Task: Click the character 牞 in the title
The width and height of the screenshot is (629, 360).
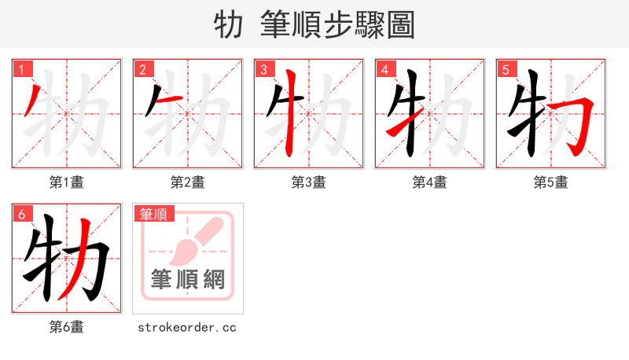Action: click(x=228, y=25)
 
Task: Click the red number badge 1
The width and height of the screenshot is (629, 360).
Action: click(x=21, y=70)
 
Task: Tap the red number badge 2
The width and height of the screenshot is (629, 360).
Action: click(x=142, y=70)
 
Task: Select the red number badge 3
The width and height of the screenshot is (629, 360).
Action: click(x=263, y=70)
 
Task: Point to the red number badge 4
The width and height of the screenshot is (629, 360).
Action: click(x=384, y=70)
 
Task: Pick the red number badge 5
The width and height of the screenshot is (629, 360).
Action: click(x=506, y=70)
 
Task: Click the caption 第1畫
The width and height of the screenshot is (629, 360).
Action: click(x=66, y=182)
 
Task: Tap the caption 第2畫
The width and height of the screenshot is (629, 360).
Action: click(x=187, y=182)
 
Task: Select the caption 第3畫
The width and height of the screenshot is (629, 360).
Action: click(x=308, y=182)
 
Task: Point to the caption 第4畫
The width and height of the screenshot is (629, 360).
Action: click(x=429, y=182)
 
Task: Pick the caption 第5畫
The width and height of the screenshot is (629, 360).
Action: click(x=550, y=182)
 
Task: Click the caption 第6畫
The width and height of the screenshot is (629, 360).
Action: click(x=66, y=327)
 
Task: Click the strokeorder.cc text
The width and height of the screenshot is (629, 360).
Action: click(x=187, y=327)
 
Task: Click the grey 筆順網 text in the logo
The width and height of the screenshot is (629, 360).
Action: click(x=187, y=279)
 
